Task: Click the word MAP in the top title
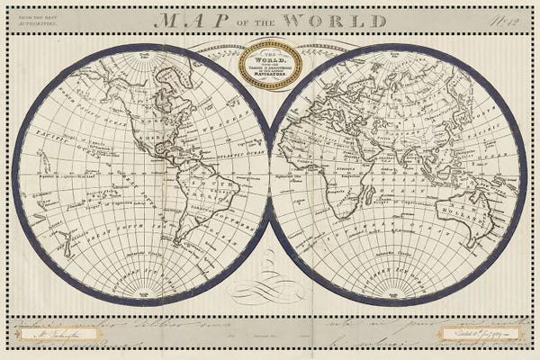(186, 19)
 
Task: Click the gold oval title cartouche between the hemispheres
(270, 67)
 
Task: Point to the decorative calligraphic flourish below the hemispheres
(270, 288)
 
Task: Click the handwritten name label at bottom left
(55, 335)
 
